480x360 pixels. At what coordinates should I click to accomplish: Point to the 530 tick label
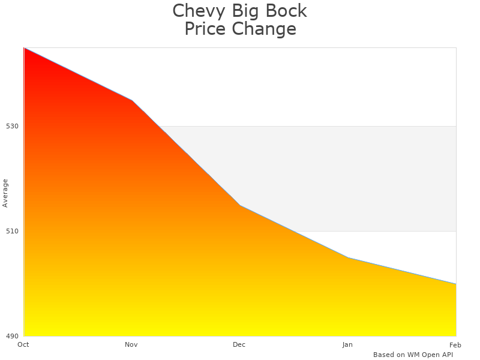point(13,126)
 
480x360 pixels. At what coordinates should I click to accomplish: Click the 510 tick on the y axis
point(13,231)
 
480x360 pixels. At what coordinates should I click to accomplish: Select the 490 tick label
point(13,336)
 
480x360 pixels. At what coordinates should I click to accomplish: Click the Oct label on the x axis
point(23,344)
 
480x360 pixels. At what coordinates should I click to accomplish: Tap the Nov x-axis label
point(131,344)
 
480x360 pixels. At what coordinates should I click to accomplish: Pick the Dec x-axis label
point(239,344)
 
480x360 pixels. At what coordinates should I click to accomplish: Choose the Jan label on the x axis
point(347,344)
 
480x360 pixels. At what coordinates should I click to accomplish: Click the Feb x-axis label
point(455,344)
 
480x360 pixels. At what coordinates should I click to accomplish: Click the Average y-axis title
point(5,193)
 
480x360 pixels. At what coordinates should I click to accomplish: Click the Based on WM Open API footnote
point(413,355)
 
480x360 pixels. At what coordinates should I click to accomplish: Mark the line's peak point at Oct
point(25,48)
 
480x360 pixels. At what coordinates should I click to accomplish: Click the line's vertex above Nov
point(132,100)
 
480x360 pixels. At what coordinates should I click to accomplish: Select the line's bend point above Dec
point(240,205)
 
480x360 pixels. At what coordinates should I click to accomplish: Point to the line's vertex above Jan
point(348,257)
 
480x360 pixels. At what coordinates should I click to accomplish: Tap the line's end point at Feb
point(456,284)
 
